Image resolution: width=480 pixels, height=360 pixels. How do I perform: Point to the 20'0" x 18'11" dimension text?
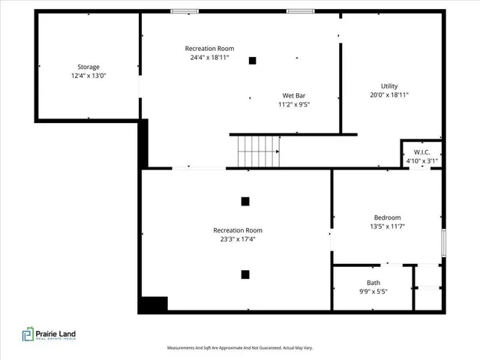point(388,96)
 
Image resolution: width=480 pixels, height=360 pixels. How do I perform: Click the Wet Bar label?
point(293,95)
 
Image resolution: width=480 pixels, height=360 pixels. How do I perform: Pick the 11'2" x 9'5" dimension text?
point(293,105)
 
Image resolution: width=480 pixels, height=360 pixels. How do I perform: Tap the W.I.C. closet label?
point(420,152)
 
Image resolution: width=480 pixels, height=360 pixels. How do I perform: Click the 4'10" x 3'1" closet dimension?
point(420,160)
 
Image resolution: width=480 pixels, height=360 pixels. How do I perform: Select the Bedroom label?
point(387,217)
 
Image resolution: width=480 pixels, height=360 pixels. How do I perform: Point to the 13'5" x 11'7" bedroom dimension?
point(387,226)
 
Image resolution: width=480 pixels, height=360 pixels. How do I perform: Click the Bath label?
point(373,283)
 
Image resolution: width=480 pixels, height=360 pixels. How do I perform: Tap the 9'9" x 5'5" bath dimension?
point(373,292)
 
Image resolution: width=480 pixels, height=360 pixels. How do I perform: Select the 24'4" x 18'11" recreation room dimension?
point(206,57)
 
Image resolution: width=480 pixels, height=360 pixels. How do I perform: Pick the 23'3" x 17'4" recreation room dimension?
point(237,240)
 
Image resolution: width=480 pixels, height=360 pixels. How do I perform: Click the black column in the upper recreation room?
point(253,61)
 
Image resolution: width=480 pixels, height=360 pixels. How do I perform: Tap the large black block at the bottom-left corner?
point(154,304)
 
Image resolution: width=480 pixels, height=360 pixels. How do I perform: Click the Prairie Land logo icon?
point(28,334)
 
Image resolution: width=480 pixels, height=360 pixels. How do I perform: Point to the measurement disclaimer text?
point(239,348)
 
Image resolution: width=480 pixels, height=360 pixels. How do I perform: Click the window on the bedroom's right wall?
point(443,242)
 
